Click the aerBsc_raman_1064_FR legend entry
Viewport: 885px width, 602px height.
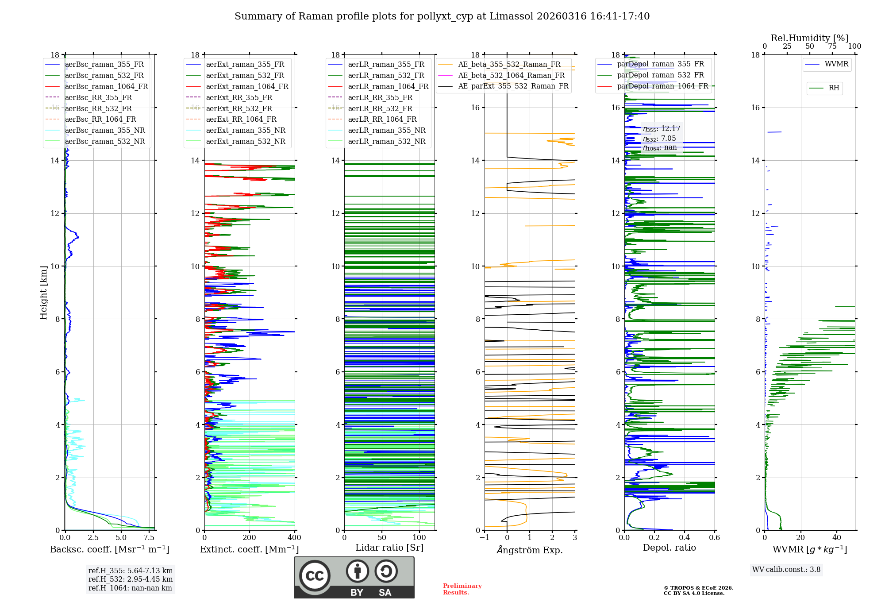click(106, 87)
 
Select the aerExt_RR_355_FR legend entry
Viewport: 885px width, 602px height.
click(239, 98)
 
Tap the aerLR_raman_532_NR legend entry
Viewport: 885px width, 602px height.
click(386, 142)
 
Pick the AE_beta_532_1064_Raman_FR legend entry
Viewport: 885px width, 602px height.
click(511, 76)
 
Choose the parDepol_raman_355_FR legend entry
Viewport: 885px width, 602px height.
click(660, 64)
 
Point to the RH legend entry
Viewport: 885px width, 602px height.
click(834, 88)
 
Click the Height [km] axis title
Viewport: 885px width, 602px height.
click(43, 293)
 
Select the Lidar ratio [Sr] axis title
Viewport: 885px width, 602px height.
click(389, 548)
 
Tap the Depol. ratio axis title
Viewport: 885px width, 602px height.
click(669, 548)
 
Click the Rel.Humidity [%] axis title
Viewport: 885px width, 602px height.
click(809, 38)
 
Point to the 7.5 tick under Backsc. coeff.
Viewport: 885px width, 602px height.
click(149, 538)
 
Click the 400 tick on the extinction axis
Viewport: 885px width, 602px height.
click(295, 538)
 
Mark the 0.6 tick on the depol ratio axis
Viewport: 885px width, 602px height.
click(714, 538)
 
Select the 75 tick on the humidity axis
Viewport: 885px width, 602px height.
click(832, 46)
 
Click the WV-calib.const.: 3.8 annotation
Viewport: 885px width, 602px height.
click(786, 570)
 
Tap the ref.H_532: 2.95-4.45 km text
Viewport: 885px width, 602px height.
click(131, 579)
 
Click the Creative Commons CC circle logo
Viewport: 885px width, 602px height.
click(315, 576)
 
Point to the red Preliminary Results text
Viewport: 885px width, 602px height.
click(462, 589)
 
